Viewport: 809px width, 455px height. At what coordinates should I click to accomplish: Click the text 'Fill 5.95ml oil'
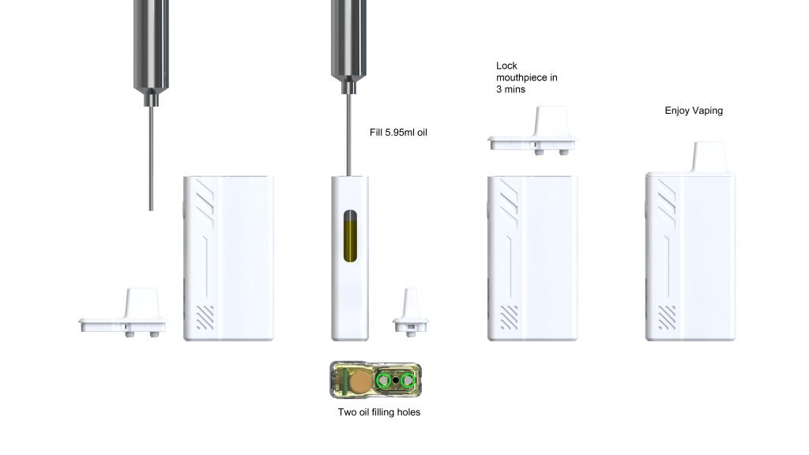[x=398, y=133]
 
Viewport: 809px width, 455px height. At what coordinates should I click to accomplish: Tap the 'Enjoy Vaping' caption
[x=694, y=111]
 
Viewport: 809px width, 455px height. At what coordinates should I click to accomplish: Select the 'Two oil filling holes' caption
[x=379, y=412]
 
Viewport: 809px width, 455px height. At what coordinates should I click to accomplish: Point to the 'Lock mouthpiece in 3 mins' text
[x=527, y=77]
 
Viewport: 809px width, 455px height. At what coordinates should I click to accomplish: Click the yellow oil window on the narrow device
[x=350, y=235]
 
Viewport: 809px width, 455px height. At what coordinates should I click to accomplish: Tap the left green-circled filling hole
[x=383, y=381]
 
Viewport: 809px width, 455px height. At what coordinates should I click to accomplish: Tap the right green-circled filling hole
[x=408, y=381]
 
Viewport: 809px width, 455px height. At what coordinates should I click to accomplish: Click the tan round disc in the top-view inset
[x=359, y=382]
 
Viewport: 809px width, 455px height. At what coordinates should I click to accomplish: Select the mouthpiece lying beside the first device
[x=122, y=313]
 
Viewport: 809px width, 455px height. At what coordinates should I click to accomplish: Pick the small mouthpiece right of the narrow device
[x=411, y=313]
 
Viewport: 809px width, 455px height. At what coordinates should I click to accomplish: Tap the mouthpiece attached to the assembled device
[x=709, y=156]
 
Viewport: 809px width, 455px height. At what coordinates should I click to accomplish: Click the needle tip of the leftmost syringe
[x=151, y=209]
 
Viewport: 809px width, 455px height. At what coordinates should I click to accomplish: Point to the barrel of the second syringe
[x=348, y=40]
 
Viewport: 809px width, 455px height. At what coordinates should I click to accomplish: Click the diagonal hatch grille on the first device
[x=205, y=318]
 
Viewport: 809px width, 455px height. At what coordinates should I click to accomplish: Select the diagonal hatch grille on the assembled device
[x=667, y=318]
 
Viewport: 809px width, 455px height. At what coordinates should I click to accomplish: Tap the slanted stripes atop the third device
[x=509, y=203]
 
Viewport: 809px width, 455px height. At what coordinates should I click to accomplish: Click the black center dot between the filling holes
[x=396, y=381]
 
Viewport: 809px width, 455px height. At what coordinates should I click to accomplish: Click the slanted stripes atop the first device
[x=205, y=203]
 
